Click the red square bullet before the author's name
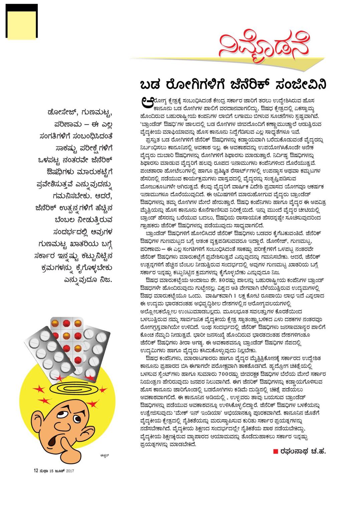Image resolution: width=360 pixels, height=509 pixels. click(x=276, y=452)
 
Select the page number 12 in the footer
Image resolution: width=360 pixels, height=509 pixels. click(x=36, y=471)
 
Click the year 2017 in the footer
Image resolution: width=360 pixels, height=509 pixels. click(x=70, y=471)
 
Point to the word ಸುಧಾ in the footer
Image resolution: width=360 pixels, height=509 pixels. click(x=44, y=471)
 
